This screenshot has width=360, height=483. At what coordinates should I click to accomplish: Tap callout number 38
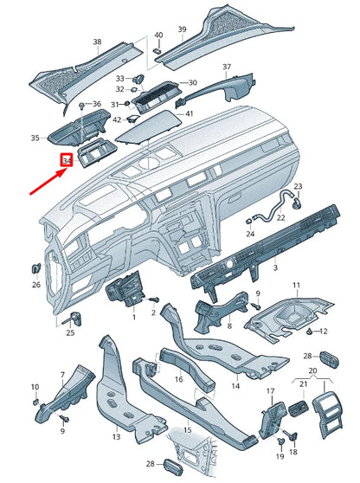tap(97, 42)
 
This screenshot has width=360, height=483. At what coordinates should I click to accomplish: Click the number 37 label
tap(227, 68)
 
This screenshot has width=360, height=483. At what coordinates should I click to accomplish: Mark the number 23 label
tap(299, 187)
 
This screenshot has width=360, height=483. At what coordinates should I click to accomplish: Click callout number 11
tap(295, 286)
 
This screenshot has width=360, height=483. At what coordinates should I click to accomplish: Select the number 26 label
tap(36, 284)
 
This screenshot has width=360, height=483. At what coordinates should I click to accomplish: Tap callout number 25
tap(70, 332)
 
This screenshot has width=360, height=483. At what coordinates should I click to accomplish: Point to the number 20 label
tap(312, 370)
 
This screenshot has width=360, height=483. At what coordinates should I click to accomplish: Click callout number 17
tap(269, 392)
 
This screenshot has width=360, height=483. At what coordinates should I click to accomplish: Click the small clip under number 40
tap(157, 51)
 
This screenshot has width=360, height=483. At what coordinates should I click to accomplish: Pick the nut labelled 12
tap(309, 332)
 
